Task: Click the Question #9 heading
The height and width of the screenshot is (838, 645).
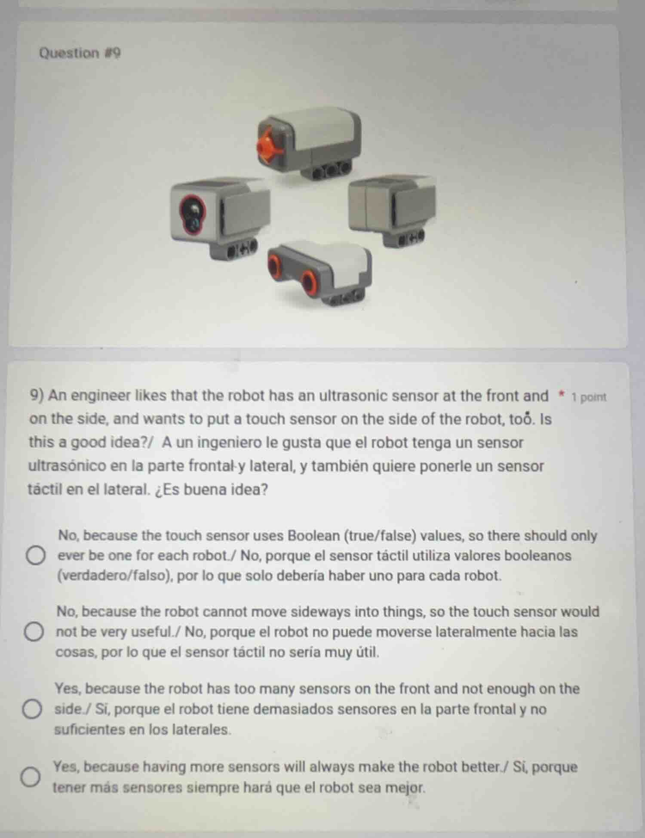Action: click(80, 53)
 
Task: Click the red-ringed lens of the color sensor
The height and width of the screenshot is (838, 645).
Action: click(192, 214)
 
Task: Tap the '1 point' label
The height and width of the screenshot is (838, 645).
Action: click(589, 397)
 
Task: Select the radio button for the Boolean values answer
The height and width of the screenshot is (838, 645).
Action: click(36, 556)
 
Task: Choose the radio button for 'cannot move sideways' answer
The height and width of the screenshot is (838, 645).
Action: click(34, 632)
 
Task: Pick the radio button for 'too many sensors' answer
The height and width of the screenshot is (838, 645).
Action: click(32, 709)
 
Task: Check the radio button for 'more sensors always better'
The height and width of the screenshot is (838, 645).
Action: click(31, 777)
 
